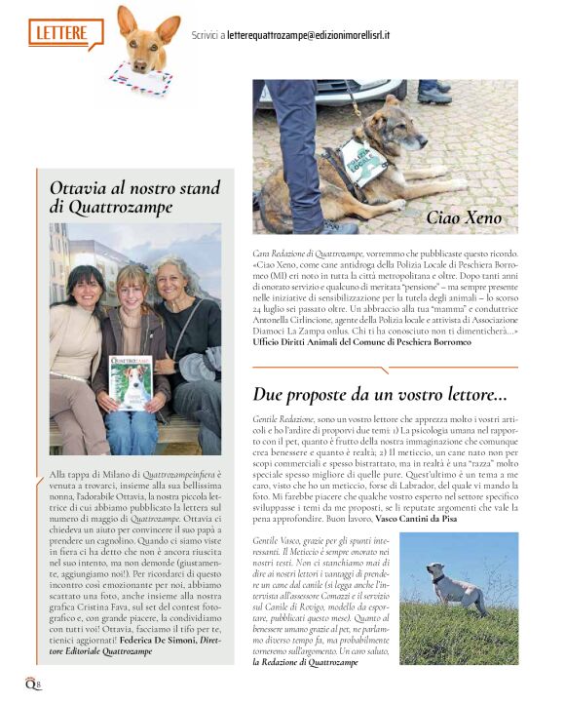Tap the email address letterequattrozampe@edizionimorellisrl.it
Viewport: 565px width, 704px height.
(x=308, y=34)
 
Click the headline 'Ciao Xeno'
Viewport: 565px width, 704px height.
(x=464, y=216)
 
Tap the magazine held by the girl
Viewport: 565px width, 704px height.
(x=130, y=381)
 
